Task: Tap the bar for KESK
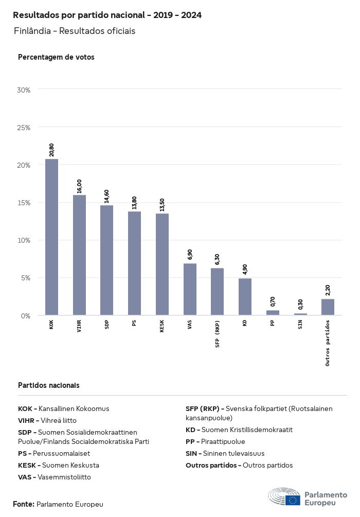point(162,264)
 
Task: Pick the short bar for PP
point(273,313)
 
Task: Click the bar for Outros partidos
point(328,307)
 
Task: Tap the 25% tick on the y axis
point(24,127)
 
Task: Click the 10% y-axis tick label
point(24,240)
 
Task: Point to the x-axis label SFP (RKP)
point(218,334)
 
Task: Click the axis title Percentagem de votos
point(56,57)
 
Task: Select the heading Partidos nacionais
point(49,385)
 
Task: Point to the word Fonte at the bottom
point(24,504)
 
